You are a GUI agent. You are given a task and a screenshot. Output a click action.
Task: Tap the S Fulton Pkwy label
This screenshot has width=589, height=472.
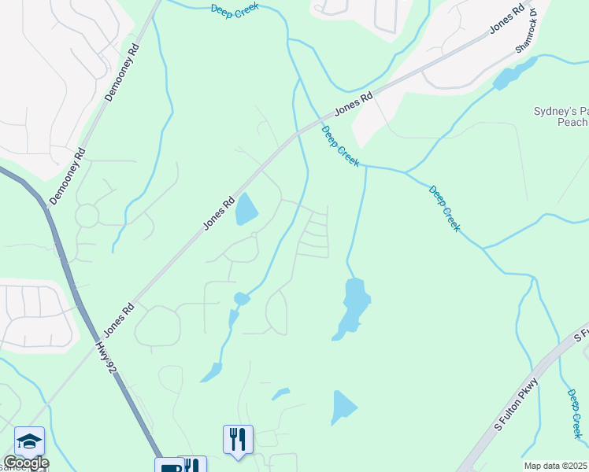tap(517, 405)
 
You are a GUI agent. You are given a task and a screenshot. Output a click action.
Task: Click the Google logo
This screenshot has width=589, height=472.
tap(25, 463)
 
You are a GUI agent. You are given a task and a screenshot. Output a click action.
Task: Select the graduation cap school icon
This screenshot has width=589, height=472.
tap(29, 441)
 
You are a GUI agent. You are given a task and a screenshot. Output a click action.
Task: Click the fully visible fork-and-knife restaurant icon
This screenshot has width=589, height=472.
tap(238, 437)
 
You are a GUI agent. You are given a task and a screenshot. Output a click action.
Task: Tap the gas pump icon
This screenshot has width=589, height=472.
tap(169, 467)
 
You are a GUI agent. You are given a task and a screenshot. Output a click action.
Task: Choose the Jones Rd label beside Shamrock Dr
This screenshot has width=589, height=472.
tap(506, 20)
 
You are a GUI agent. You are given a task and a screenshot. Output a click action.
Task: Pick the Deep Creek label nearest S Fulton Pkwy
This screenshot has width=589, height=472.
tap(574, 414)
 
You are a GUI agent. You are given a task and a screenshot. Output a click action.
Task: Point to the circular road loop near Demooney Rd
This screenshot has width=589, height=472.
tap(87, 214)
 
